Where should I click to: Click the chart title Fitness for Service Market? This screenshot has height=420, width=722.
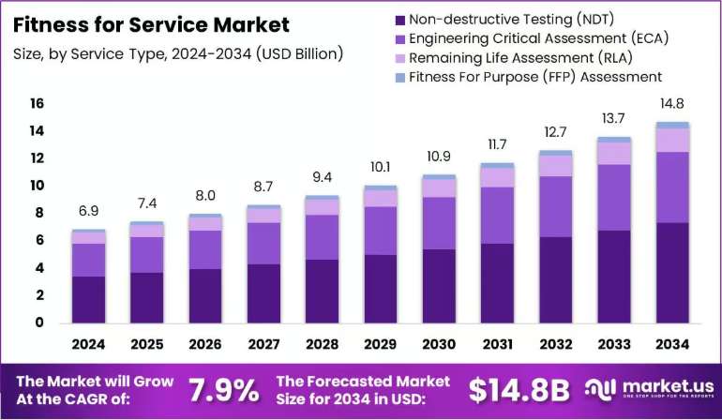(151, 25)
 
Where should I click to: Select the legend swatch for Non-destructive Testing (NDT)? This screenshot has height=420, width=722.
(400, 21)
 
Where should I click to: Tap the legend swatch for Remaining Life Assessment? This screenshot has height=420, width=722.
(400, 58)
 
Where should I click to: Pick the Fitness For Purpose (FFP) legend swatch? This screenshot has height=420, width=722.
(400, 78)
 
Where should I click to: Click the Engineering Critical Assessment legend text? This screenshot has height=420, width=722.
(539, 38)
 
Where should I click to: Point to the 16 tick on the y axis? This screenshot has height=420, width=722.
(37, 103)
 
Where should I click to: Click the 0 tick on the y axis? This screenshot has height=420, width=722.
(39, 322)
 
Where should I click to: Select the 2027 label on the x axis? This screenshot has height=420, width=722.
(263, 344)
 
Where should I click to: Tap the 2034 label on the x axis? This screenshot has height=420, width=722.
(672, 344)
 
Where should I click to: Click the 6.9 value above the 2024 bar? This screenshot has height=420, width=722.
(88, 211)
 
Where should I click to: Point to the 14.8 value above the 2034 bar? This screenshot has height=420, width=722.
(671, 104)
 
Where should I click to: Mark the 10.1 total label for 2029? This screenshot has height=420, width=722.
(381, 167)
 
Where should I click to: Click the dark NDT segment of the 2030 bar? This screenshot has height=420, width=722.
(439, 286)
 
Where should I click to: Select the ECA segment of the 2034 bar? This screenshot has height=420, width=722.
(672, 187)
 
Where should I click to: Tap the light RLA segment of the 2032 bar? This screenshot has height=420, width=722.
(556, 166)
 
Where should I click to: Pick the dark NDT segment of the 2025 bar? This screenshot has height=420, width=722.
(147, 297)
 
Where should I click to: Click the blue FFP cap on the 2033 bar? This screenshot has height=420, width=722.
(614, 140)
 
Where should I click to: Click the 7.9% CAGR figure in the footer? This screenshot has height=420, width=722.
(224, 391)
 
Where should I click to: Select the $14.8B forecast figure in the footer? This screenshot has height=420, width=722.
(519, 391)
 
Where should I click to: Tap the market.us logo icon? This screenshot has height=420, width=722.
(600, 389)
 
